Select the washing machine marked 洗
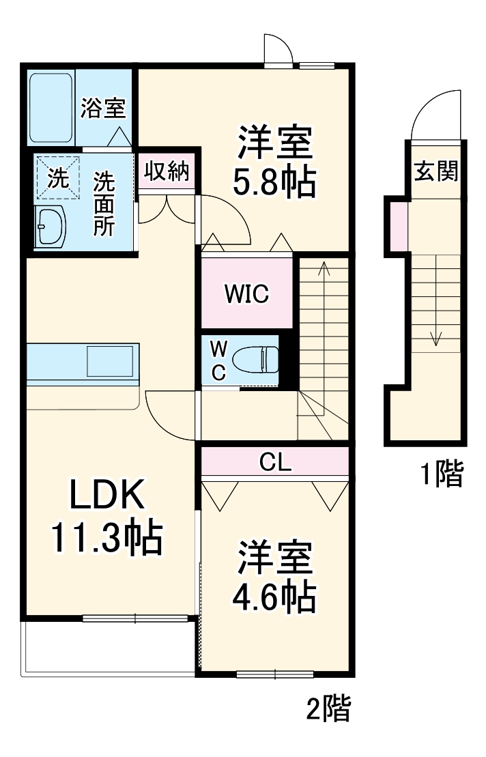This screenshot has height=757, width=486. click(x=57, y=179)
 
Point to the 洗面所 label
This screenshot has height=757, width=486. click(x=104, y=203)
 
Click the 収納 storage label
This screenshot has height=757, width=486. click(x=165, y=172)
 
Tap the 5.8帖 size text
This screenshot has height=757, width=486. click(x=274, y=182)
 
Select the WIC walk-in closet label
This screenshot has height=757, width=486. click(x=247, y=294)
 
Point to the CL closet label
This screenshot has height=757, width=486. click(x=276, y=462)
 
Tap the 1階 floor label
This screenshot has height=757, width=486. click(x=441, y=474)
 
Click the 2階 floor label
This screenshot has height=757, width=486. click(x=327, y=710)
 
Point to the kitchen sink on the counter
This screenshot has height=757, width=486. click(x=111, y=360)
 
